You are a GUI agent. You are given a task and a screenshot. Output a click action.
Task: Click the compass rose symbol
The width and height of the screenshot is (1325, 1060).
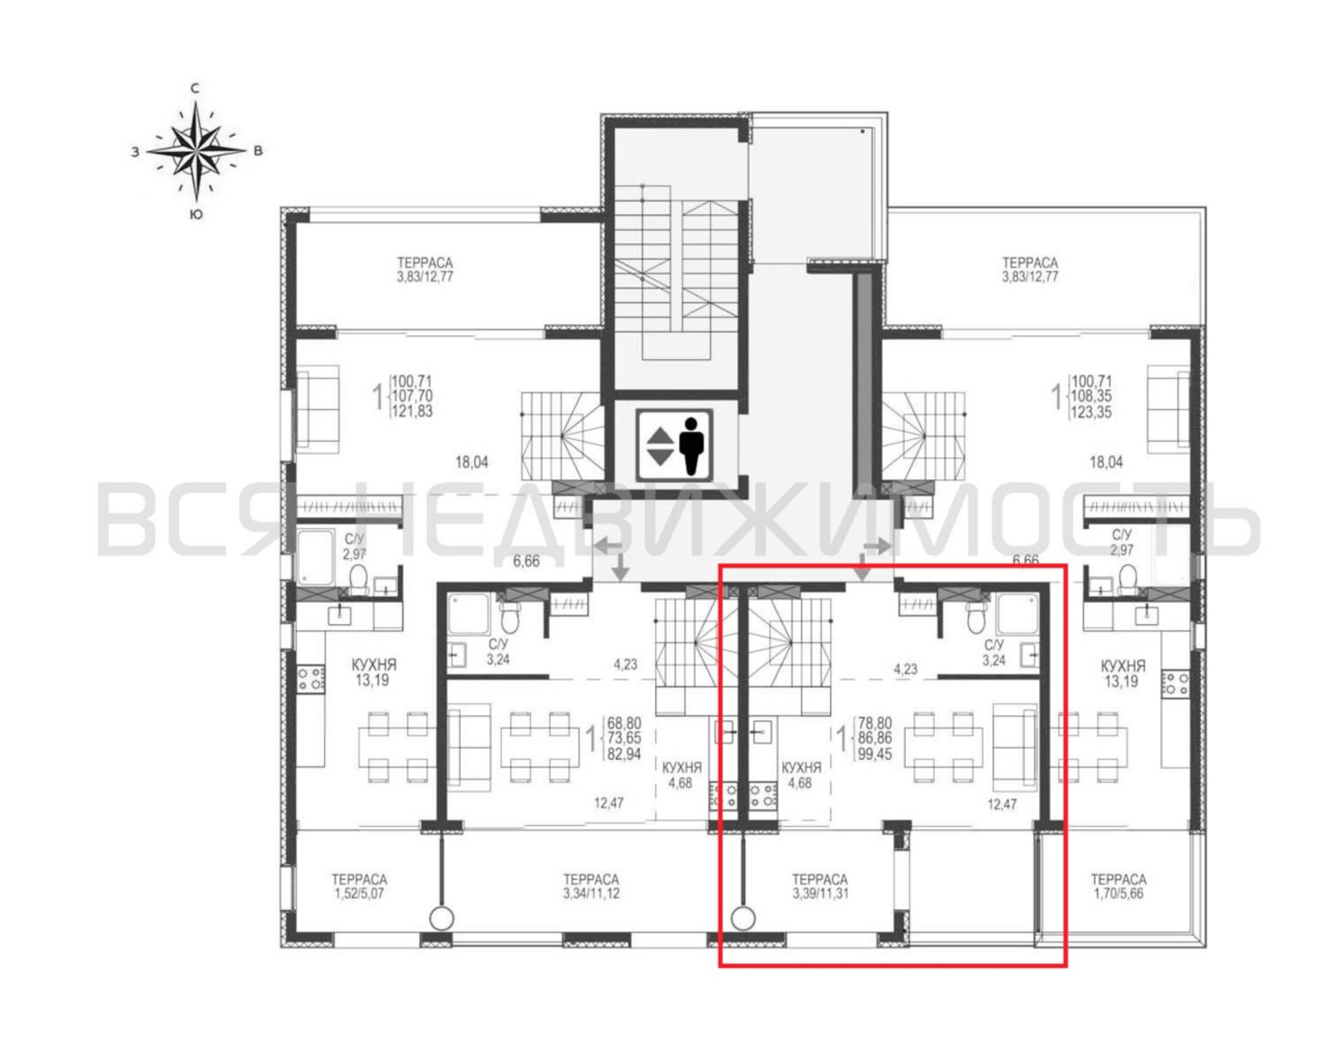[x=196, y=151]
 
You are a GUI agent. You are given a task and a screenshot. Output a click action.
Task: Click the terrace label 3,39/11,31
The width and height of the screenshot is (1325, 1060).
[x=820, y=887]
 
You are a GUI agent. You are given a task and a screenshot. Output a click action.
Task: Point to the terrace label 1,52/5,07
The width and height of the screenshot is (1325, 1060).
[x=359, y=887]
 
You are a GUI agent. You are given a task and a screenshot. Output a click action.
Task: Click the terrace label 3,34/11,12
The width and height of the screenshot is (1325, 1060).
[x=590, y=887]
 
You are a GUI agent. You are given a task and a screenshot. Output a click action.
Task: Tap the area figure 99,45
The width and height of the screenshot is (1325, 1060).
[x=874, y=754]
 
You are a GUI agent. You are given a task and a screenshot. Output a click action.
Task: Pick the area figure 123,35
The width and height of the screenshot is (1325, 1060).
[x=1091, y=411]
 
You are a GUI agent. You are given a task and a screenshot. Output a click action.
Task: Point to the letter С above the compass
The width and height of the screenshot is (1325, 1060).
[x=195, y=89]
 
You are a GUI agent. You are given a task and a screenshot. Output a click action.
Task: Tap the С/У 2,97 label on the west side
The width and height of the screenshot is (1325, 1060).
[x=355, y=546]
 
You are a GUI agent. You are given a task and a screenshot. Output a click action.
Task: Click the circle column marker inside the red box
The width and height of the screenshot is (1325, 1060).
[x=743, y=918]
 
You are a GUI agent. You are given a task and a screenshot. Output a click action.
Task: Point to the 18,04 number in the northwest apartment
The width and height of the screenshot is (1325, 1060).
[x=472, y=462]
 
